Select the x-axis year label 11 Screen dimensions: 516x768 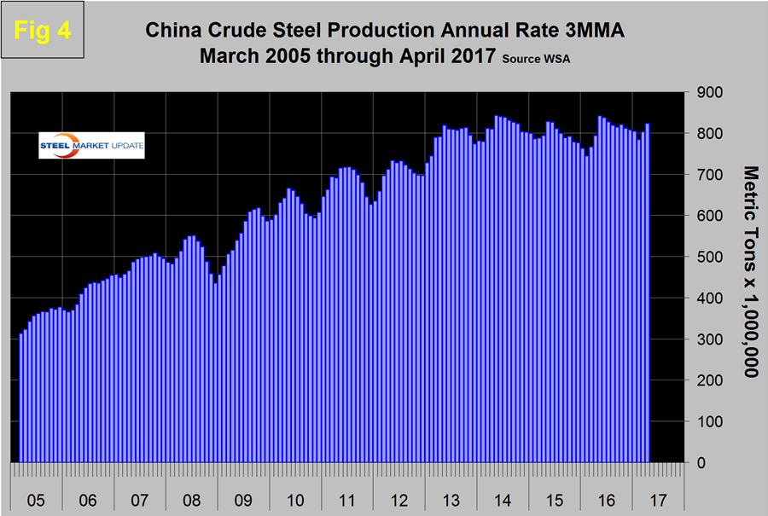pos(347,497)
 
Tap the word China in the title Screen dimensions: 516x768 pos(176,32)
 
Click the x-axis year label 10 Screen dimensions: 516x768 pos(294,497)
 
